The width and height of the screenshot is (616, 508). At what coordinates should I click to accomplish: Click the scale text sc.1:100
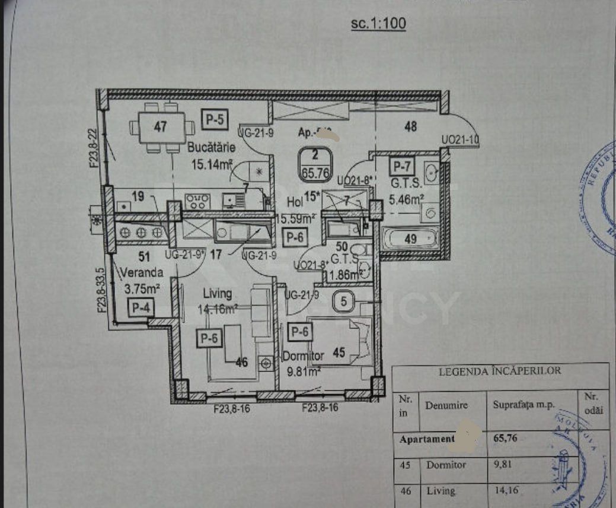pos(378,24)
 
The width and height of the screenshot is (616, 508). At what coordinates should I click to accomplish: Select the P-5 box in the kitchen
pos(214,119)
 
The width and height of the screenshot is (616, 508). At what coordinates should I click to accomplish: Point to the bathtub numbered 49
pos(410,239)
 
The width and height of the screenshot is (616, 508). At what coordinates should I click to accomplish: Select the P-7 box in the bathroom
pos(401,164)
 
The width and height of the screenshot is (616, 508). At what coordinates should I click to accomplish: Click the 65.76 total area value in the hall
pos(315,174)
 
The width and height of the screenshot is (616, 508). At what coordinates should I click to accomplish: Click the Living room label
pos(217,293)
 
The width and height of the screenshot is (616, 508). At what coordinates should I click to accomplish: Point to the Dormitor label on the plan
pos(303,356)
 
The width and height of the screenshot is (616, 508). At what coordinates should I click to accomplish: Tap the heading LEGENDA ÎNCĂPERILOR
pos(499,372)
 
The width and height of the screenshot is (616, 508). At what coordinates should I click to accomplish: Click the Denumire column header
pos(446,405)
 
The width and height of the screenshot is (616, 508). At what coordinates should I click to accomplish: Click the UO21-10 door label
pos(459,140)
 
